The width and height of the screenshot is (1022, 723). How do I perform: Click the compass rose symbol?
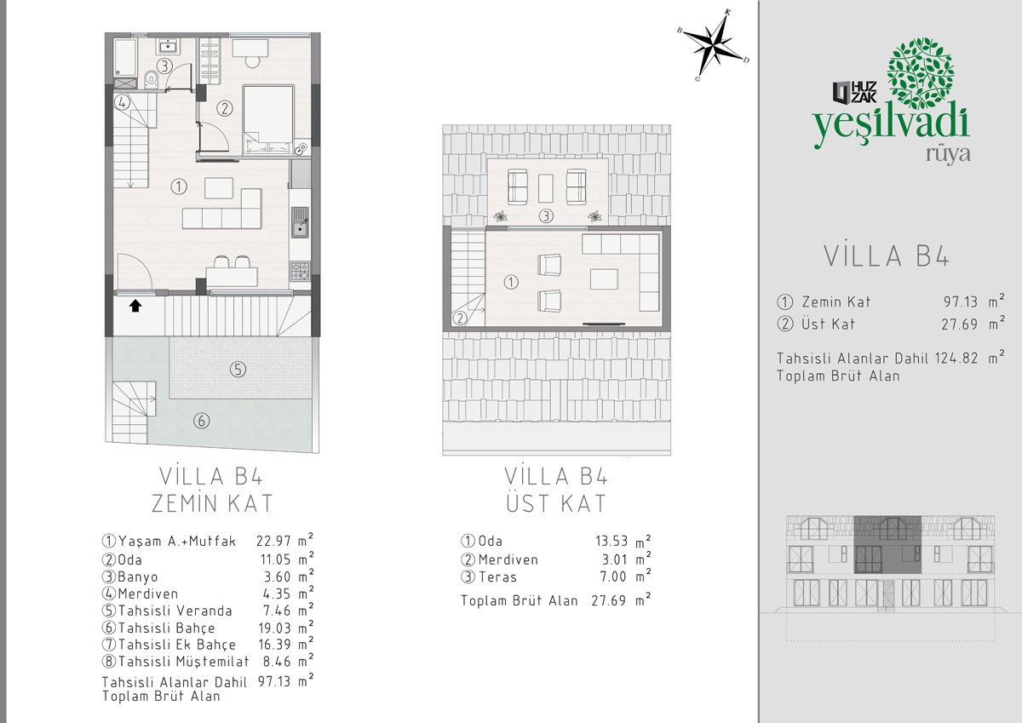[x=714, y=46]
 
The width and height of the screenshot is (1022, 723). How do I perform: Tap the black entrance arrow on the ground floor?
[x=135, y=306]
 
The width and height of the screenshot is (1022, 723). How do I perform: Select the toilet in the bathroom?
[x=151, y=80]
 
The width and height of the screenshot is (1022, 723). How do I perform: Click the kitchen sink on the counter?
[x=300, y=222]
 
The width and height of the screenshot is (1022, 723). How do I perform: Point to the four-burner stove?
[x=300, y=271]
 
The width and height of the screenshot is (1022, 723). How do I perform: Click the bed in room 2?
[x=267, y=120]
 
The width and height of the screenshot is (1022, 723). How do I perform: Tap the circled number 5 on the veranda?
[x=238, y=369]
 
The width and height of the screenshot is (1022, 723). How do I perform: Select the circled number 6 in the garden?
[x=202, y=420]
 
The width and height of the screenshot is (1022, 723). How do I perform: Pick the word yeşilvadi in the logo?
[x=891, y=129]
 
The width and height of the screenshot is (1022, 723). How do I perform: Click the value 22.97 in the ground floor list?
[x=273, y=542]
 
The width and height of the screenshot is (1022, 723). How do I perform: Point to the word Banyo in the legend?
[x=138, y=577]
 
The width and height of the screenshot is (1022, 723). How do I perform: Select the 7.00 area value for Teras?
[x=612, y=577]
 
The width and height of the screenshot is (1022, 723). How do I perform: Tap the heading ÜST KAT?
[x=556, y=503]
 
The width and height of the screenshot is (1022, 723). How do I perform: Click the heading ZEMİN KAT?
[x=212, y=503]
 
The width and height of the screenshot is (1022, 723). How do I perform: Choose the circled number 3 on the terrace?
[x=546, y=215]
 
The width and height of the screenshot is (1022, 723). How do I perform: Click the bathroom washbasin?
[x=169, y=46]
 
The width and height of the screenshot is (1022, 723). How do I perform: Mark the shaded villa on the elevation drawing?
[x=887, y=545]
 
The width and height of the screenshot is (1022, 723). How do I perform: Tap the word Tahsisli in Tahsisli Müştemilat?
[x=146, y=661]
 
